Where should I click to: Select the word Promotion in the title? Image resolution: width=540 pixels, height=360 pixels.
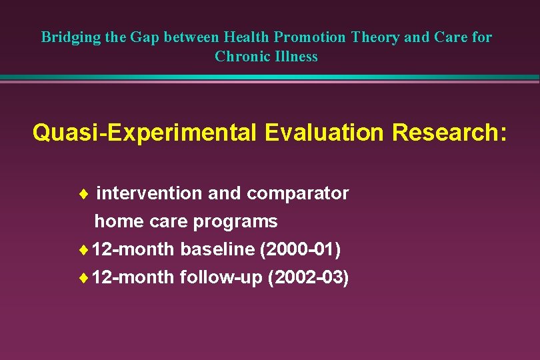pyautogui.click(x=310, y=37)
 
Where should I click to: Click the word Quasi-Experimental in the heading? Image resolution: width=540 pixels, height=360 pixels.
pyautogui.click(x=145, y=133)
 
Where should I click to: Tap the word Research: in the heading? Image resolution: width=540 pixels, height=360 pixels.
pyautogui.click(x=449, y=133)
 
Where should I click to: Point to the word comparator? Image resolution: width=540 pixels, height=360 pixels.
pyautogui.click(x=297, y=193)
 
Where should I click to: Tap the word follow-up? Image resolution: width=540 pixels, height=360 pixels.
pyautogui.click(x=221, y=277)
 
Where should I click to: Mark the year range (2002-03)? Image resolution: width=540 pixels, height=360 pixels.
pyautogui.click(x=308, y=277)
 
